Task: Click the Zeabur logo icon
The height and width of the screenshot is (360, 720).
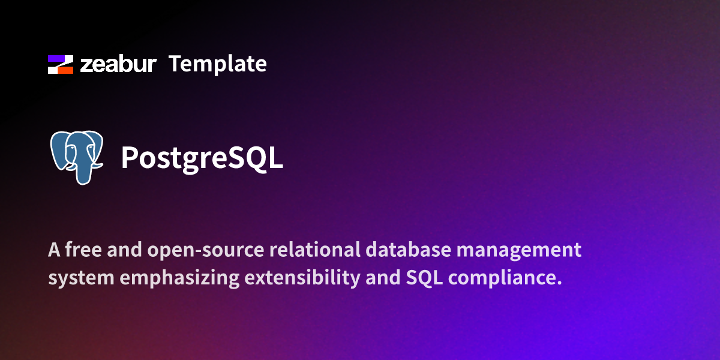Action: click(x=60, y=64)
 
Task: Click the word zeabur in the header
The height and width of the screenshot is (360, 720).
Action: click(x=118, y=64)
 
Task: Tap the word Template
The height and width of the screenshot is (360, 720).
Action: click(x=218, y=64)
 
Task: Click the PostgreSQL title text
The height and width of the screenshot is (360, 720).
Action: click(x=202, y=158)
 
